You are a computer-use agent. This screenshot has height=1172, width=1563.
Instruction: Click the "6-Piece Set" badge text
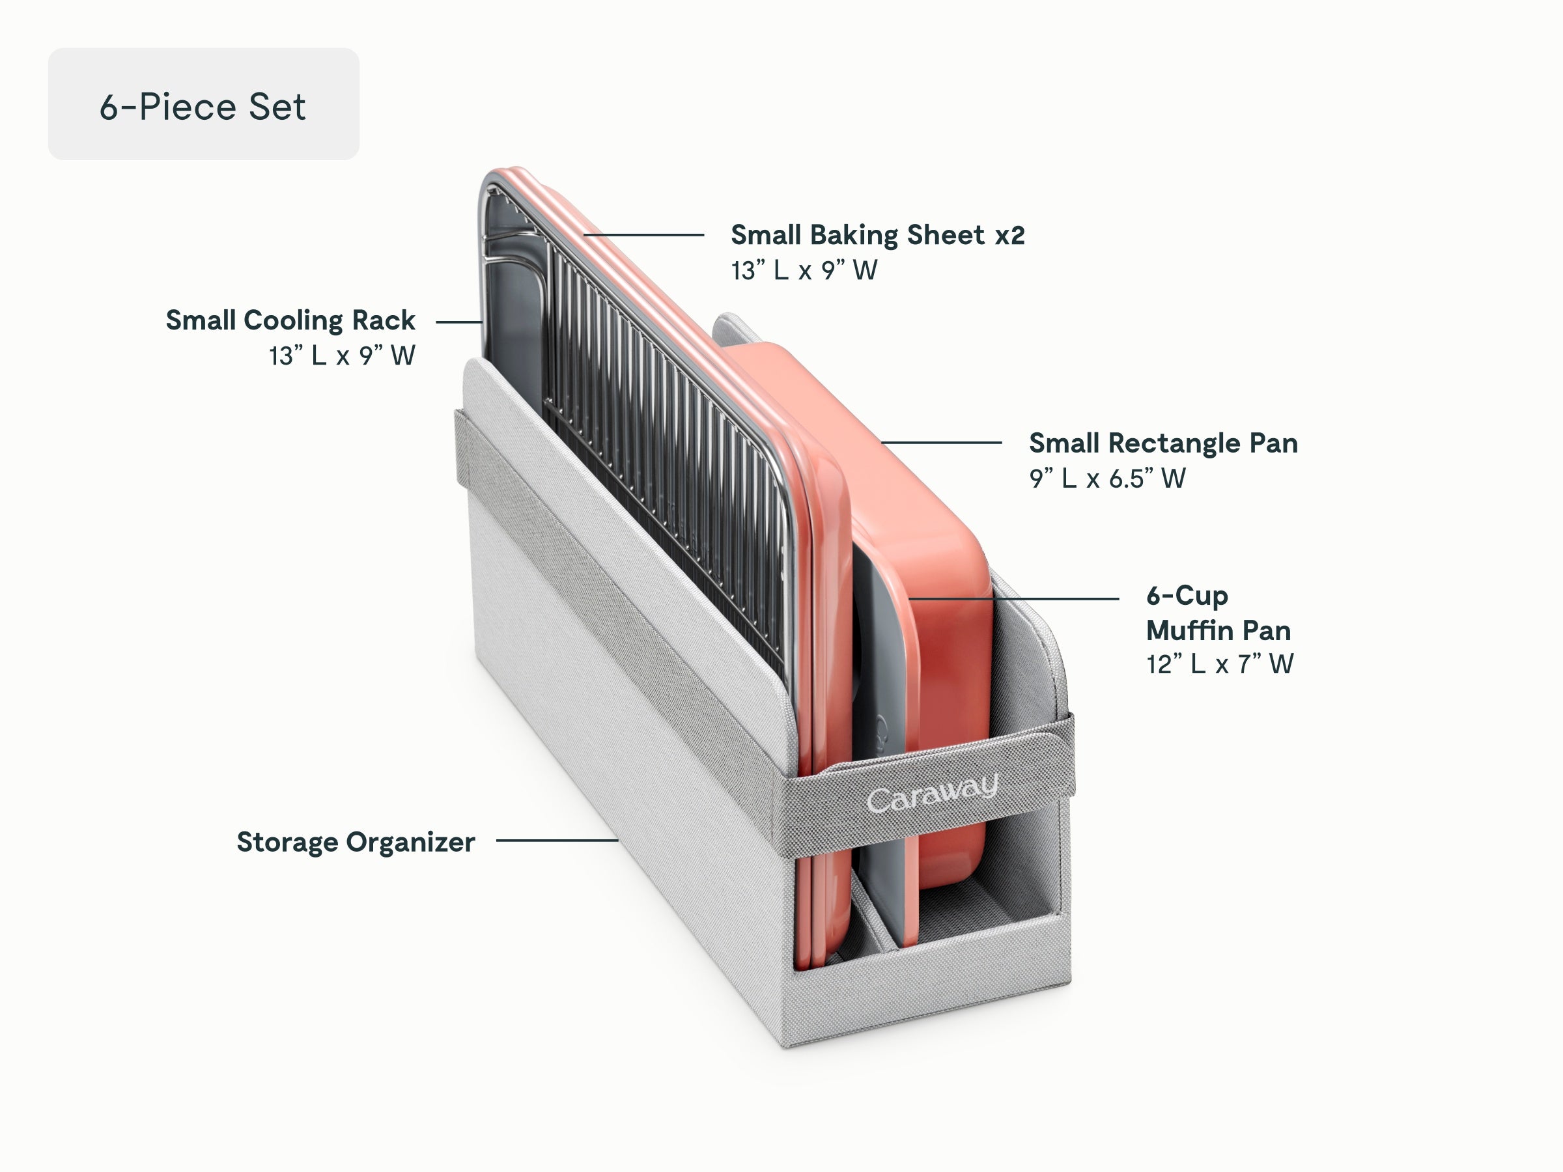203,107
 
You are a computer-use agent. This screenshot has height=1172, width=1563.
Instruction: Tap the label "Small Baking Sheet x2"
878,235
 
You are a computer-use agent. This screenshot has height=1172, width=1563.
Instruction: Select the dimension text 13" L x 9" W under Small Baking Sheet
804,271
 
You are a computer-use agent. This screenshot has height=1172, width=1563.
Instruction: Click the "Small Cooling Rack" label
290,320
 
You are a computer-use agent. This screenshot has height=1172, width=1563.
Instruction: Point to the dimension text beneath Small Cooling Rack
342,356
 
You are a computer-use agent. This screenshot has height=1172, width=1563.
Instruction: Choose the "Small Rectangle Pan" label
1163,443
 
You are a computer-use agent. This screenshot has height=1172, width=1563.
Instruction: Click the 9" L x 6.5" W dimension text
1107,479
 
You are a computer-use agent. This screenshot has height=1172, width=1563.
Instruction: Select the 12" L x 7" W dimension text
1220,664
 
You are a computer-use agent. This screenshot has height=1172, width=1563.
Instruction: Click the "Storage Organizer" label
356,842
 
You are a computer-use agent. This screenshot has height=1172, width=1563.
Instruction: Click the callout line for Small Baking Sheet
643,234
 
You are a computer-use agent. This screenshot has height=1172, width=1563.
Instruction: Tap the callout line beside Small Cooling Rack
459,322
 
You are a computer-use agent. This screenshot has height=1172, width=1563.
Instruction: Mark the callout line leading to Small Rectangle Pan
941,443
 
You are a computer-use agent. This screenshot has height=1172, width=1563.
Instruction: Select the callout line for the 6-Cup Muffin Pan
1013,598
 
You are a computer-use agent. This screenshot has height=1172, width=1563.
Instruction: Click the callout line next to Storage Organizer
557,841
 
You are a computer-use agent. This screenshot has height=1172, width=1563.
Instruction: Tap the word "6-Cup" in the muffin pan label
1187,596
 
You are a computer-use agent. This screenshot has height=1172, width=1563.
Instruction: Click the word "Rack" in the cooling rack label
384,320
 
